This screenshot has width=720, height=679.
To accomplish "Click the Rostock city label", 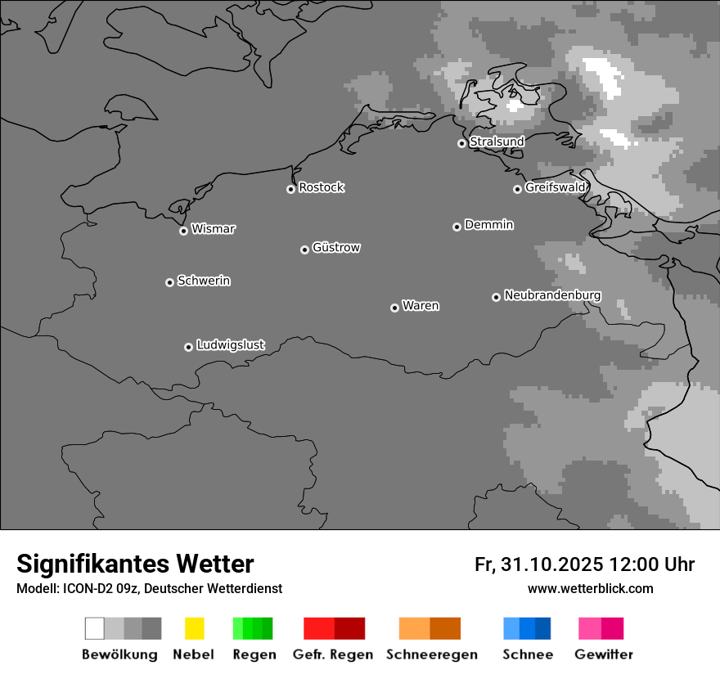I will coord(322,187).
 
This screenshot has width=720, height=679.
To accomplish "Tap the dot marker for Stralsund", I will coord(461,143).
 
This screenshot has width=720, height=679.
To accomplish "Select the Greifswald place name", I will coord(556,187).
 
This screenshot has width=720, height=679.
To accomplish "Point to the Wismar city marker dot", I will coord(183,231).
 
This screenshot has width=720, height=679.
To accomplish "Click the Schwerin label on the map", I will coord(204,281).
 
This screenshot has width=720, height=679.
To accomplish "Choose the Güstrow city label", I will coord(336,247).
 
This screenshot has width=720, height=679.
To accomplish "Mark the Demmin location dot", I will coord(457,227).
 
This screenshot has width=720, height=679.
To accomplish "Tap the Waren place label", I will coord(421,306).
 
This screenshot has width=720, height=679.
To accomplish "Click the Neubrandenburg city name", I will coord(552,295).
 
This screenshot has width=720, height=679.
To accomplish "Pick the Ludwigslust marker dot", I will coord(188,347).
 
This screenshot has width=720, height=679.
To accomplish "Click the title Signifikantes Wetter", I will coord(135,564).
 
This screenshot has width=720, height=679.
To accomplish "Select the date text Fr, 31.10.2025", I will coord(539,564).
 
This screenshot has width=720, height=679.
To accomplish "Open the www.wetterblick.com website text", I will coord(590,588).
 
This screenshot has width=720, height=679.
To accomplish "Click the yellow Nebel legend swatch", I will coord(194,628).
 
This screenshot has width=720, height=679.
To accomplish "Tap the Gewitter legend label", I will coord(603,654).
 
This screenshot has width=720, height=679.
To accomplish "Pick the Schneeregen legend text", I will coord(431,654).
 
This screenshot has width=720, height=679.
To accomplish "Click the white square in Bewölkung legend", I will coord(94,628).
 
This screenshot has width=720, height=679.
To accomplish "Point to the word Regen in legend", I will coord(254,654).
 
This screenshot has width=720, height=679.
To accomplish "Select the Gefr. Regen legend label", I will coord(334,654).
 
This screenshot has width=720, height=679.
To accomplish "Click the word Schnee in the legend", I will coord(527,654).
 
